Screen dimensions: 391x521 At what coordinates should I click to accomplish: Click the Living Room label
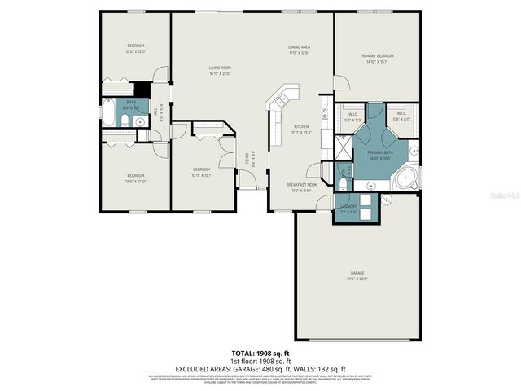(220, 68)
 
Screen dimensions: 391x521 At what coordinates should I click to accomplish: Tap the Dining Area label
(300, 46)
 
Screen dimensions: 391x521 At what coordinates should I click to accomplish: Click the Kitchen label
(301, 127)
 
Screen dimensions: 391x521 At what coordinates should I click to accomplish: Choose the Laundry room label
(349, 206)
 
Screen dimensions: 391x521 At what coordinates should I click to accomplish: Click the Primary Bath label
(380, 152)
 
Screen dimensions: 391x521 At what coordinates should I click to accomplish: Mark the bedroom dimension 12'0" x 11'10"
(135, 181)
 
